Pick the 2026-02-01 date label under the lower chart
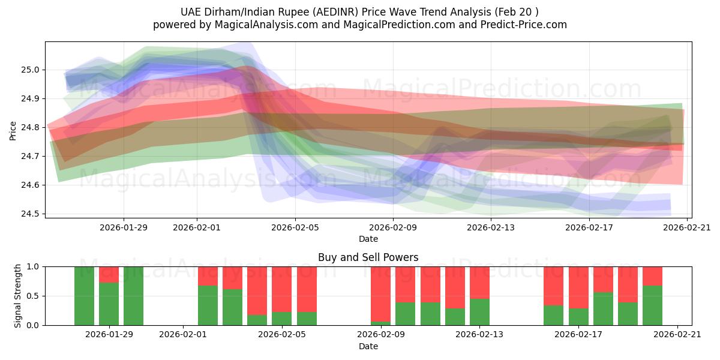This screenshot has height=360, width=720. pyautogui.click(x=183, y=335)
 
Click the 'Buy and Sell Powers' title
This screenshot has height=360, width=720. pyautogui.click(x=368, y=257)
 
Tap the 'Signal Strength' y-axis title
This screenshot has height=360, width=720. pyautogui.click(x=18, y=296)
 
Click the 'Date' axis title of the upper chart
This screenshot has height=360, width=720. pyautogui.click(x=368, y=239)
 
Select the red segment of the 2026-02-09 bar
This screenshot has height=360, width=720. pyautogui.click(x=380, y=293)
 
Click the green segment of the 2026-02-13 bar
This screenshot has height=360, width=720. pyautogui.click(x=479, y=312)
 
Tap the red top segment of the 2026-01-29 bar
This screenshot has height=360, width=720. pyautogui.click(x=109, y=274)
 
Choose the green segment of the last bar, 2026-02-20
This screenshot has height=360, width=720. pyautogui.click(x=652, y=305)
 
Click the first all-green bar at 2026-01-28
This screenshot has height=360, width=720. pyautogui.click(x=84, y=296)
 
